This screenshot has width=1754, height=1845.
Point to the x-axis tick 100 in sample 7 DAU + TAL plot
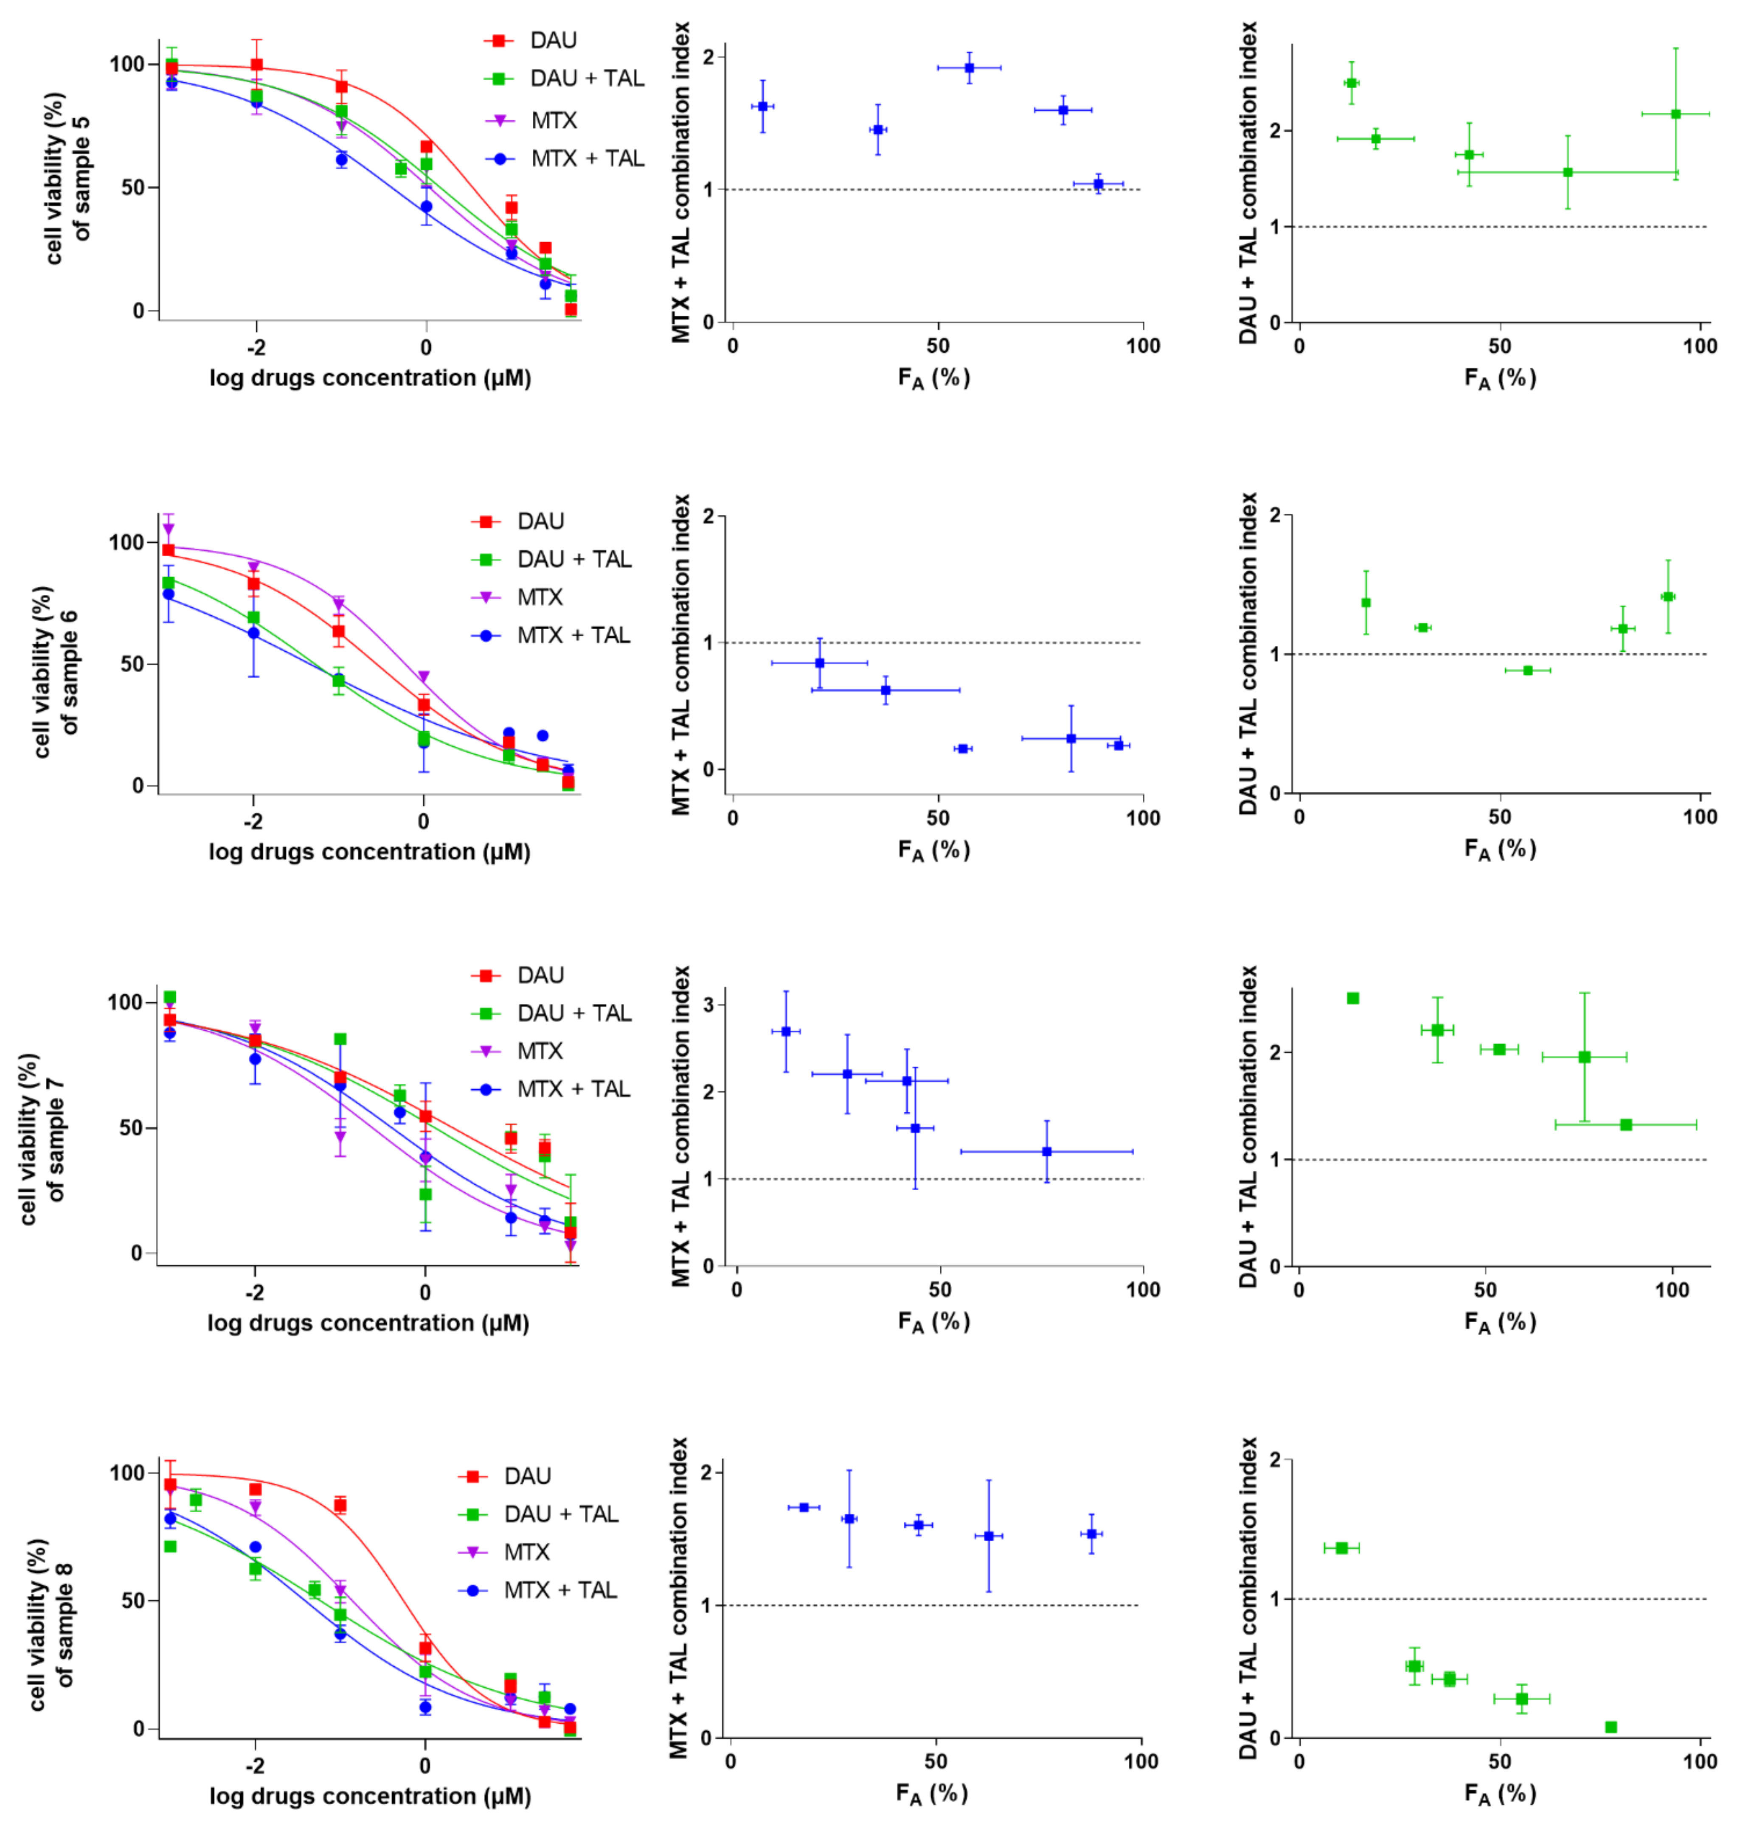click(x=1672, y=1291)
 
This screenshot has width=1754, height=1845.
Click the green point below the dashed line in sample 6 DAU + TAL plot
click(x=1528, y=670)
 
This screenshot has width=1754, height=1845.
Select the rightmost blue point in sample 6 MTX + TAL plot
click(x=1118, y=745)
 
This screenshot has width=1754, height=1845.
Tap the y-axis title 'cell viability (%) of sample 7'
click(x=42, y=1138)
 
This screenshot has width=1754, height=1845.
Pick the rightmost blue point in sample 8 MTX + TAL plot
click(x=1091, y=1534)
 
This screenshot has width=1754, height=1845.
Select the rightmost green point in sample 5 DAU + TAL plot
click(x=1675, y=114)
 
